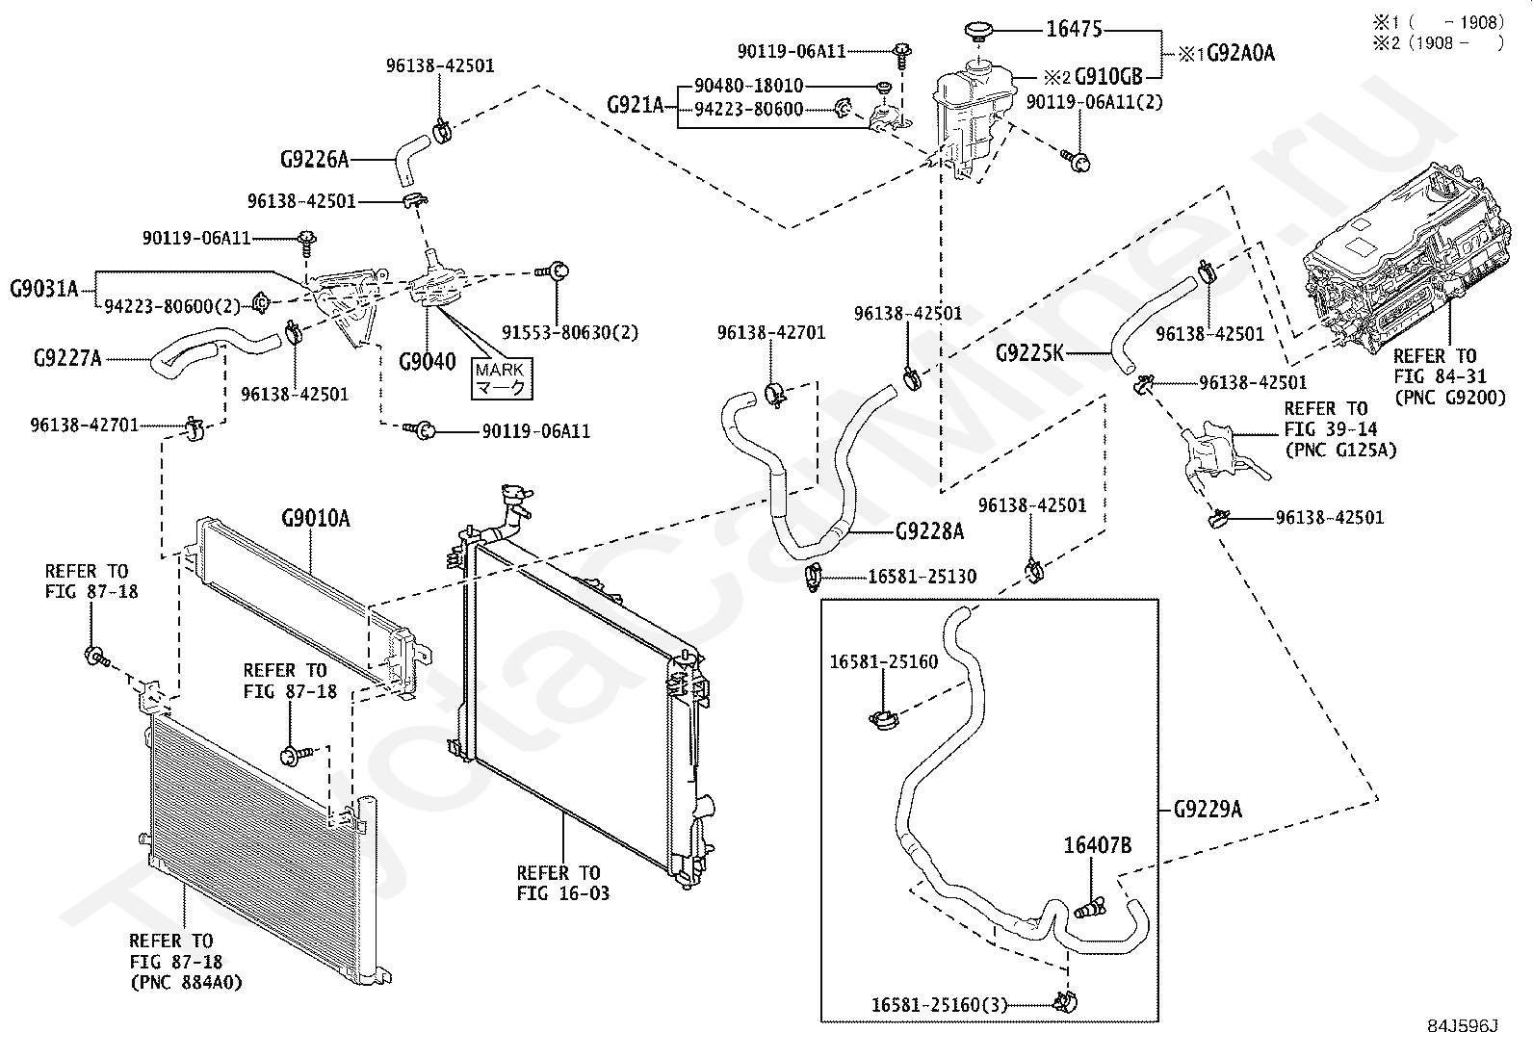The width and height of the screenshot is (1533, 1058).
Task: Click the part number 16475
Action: pos(1074,30)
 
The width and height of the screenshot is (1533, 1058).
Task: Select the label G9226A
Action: pos(315,158)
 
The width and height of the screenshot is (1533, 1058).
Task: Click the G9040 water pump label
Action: pos(428,363)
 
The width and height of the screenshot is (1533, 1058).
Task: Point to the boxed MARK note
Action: pos(501,379)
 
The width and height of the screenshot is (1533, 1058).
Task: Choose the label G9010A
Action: pos(316,520)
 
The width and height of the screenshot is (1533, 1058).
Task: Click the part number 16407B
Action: pos(1098,846)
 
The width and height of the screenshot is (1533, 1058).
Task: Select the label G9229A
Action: pos(1208,810)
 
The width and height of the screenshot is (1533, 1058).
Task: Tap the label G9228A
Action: pos(929,530)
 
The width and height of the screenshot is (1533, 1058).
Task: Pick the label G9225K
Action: pos(1030,353)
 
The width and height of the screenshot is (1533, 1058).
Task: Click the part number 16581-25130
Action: pos(922,577)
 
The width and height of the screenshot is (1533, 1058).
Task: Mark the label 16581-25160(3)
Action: pos(939,1005)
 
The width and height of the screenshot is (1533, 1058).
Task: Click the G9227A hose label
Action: pos(67,359)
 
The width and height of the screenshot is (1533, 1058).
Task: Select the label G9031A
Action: pos(44,287)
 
